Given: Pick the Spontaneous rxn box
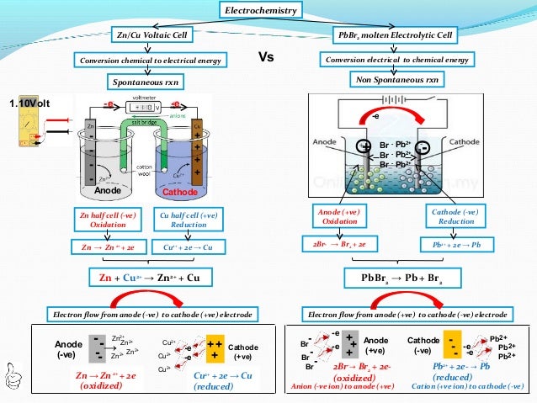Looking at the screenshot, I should click(148, 82).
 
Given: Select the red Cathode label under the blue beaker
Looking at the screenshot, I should click(178, 192).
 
